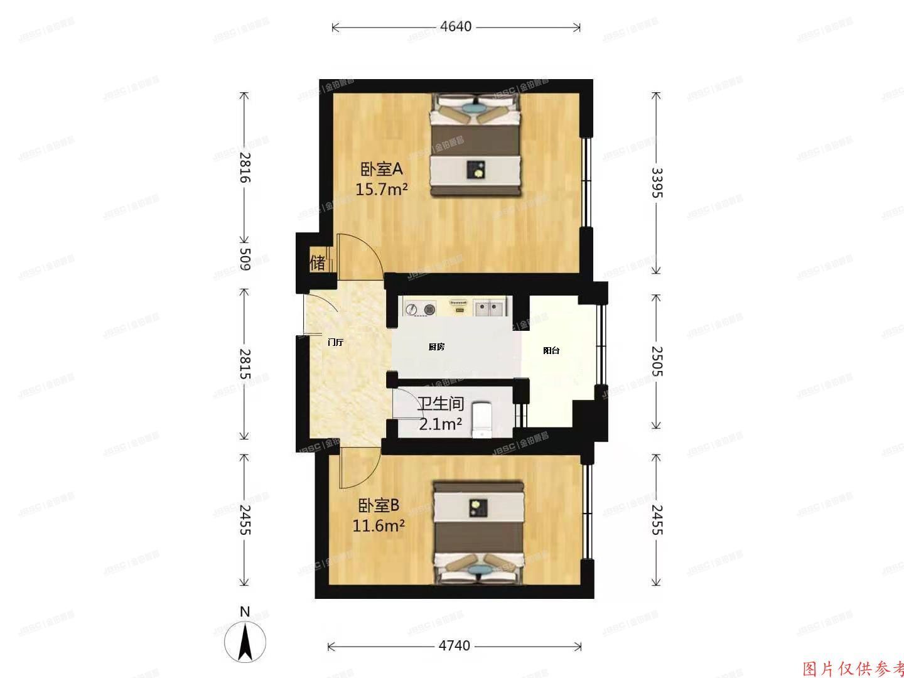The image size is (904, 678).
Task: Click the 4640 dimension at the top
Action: click(x=455, y=27)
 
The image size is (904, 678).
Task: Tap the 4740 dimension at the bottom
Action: click(x=454, y=646)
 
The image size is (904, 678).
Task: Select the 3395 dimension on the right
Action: click(x=656, y=183)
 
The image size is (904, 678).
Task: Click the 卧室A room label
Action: click(x=380, y=169)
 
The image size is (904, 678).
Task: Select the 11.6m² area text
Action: click(x=378, y=525)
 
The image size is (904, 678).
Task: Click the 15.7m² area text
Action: click(x=382, y=189)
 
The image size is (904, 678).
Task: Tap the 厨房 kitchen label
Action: click(x=436, y=347)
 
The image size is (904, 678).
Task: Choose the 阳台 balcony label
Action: click(x=551, y=351)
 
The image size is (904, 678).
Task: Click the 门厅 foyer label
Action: click(x=336, y=343)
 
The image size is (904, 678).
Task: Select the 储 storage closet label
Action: click(x=318, y=262)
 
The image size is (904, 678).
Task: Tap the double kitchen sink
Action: click(x=490, y=308)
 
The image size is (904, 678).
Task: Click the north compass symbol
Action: click(x=245, y=640)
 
